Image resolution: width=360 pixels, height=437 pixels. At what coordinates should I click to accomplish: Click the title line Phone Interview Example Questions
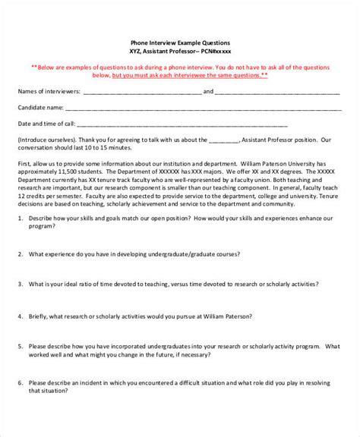pyautogui.click(x=179, y=43)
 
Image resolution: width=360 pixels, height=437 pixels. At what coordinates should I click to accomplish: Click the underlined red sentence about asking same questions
pyautogui.click(x=189, y=75)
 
